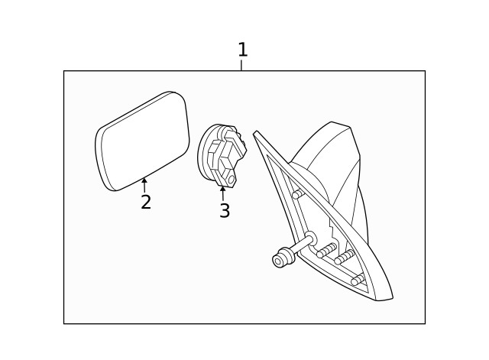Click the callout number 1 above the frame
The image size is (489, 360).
point(243,50)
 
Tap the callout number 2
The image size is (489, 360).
point(146,202)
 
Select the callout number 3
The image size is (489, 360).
point(225,210)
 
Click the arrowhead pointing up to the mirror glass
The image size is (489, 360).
point(144,180)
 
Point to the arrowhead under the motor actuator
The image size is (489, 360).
point(222,189)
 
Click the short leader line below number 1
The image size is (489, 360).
point(241,65)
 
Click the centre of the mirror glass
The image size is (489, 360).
point(143,141)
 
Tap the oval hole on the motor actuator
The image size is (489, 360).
point(231,180)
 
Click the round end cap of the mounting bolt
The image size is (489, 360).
point(277,260)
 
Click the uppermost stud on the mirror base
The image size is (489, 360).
point(298,194)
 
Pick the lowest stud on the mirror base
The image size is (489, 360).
point(358,280)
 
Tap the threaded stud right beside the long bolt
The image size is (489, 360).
point(326,251)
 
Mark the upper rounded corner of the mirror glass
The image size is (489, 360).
point(176,93)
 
